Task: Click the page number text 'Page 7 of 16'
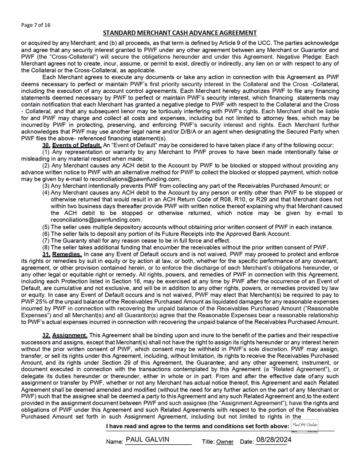[x=36, y=25]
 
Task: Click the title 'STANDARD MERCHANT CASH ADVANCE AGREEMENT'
[x=180, y=33]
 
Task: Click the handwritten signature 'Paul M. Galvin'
[x=306, y=426]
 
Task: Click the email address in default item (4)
[x=96, y=220]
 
